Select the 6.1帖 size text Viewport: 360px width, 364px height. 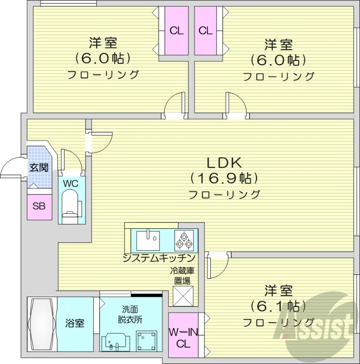279,306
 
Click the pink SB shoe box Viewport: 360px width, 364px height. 39,206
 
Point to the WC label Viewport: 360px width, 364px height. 70,184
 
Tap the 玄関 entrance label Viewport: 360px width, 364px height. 39,167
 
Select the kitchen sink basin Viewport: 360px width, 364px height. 147,238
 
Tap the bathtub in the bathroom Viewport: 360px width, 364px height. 41,324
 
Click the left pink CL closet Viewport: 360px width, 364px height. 177,31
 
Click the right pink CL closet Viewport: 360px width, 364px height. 206,31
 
